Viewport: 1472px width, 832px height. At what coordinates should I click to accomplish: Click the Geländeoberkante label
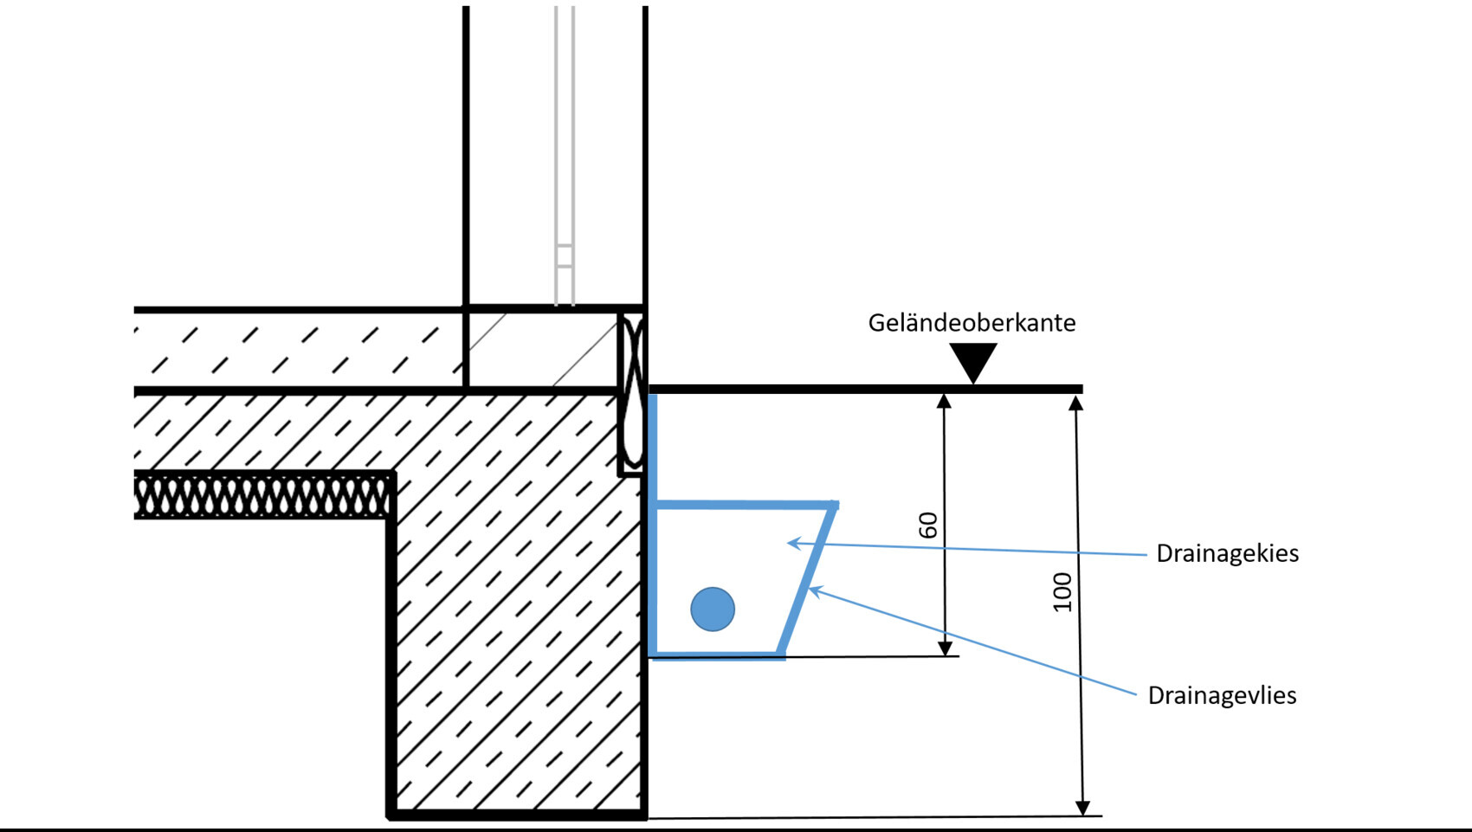pos(972,323)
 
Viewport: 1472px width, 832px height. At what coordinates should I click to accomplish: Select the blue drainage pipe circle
pos(713,609)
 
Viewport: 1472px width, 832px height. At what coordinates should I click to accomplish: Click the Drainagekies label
pos(1227,553)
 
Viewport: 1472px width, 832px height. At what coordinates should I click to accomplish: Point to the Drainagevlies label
pos(1222,695)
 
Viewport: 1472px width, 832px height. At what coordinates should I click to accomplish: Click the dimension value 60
pos(928,526)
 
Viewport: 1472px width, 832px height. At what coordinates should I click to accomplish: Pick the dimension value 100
pos(1062,592)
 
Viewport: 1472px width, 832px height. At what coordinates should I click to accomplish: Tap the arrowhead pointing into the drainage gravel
pos(793,543)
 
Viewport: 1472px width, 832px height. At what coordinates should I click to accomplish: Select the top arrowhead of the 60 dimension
pos(945,400)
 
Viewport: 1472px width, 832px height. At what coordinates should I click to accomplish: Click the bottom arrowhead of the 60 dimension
pos(945,648)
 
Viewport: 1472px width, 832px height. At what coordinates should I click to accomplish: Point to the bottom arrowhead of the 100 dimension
pos(1082,808)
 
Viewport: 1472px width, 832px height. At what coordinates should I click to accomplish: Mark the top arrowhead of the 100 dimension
pos(1076,403)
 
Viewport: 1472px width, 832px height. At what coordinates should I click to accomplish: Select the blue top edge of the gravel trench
pos(745,504)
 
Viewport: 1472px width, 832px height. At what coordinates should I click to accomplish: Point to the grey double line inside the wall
pos(565,130)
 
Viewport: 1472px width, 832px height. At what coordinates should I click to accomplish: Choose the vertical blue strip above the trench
pos(652,446)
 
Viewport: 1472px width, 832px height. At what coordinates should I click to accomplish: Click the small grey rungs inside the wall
pos(565,256)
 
